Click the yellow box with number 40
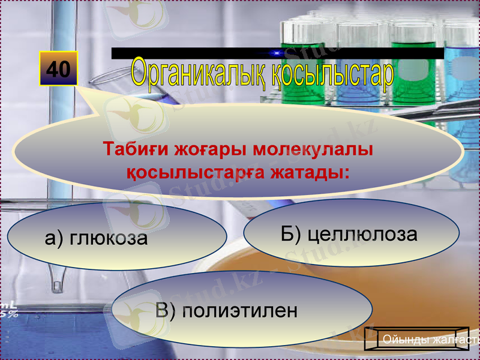tap(58, 69)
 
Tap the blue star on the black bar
tap(277, 53)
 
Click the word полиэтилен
tap(240, 311)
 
